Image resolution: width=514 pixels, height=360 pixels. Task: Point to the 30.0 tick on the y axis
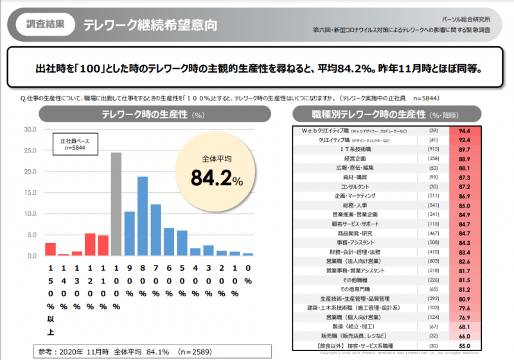30,129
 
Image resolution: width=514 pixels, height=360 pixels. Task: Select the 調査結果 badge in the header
45,25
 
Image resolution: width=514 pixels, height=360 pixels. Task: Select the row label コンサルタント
351,186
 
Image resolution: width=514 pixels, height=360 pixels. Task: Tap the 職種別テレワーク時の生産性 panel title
371,114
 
